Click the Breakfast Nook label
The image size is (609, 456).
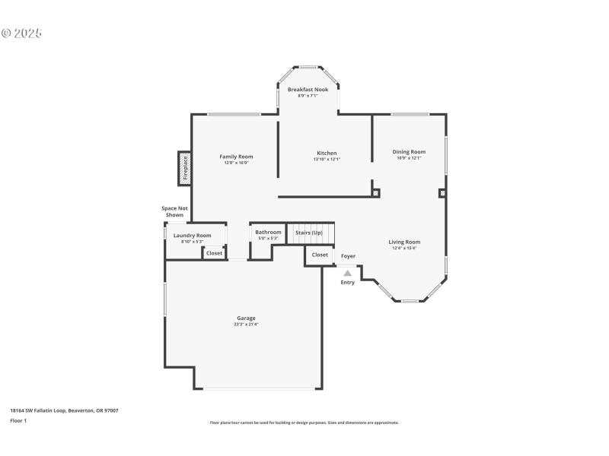308,90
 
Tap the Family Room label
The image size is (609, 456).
236,157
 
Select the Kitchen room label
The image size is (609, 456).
327,153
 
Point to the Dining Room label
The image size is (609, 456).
409,151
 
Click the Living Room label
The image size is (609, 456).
404,242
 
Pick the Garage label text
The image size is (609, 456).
246,318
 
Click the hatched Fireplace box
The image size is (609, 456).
184,169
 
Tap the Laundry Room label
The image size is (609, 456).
192,236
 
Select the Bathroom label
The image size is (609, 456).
268,232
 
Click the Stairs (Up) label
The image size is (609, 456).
309,232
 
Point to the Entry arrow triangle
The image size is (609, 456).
347,273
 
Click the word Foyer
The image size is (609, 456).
348,256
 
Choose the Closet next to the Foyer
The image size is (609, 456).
320,255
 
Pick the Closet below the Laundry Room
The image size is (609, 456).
215,253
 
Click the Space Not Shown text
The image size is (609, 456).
174,211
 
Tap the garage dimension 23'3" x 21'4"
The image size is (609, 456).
246,325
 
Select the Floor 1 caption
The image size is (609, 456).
18,420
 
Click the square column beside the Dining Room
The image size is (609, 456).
442,193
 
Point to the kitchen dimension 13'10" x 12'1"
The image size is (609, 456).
327,159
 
